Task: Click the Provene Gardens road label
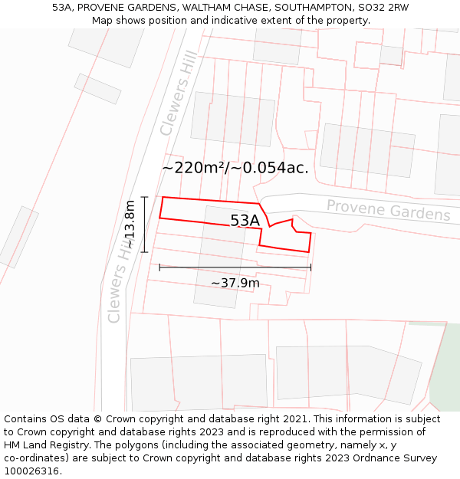pyautogui.click(x=389, y=210)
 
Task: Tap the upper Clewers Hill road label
pyautogui.click(x=179, y=94)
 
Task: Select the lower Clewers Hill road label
pyautogui.click(x=122, y=280)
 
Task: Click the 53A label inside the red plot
pyautogui.click(x=245, y=221)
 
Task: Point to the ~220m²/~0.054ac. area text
pyautogui.click(x=235, y=168)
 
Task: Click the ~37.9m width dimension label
pyautogui.click(x=235, y=283)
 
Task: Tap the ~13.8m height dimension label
pyautogui.click(x=130, y=224)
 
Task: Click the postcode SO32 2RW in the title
pyautogui.click(x=383, y=7)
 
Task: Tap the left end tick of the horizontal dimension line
pyautogui.click(x=159, y=267)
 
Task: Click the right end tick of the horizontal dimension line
pyautogui.click(x=311, y=267)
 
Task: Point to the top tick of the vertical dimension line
pyautogui.click(x=144, y=197)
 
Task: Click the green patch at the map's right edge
pyautogui.click(x=446, y=368)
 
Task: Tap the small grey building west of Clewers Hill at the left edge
pyautogui.click(x=18, y=237)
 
